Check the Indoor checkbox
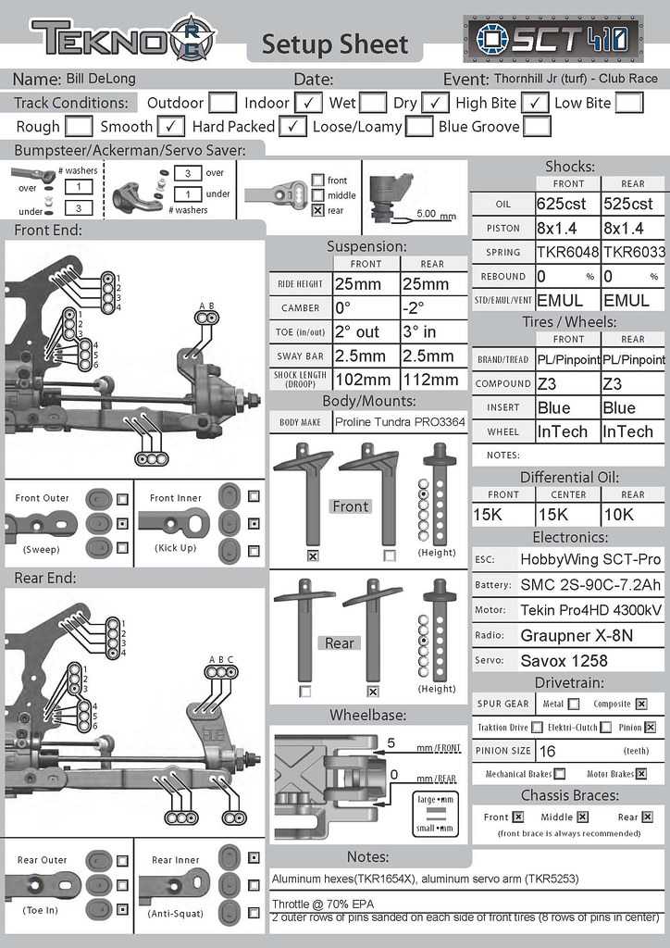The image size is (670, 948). [x=310, y=103]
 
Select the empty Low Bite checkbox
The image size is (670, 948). [x=628, y=103]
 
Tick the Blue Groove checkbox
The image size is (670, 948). [x=537, y=126]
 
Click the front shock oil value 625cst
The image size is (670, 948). [x=567, y=204]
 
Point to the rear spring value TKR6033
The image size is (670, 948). [x=634, y=252]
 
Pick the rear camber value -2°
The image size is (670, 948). [x=432, y=307]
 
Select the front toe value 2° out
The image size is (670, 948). [x=366, y=331]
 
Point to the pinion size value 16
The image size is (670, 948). [x=548, y=751]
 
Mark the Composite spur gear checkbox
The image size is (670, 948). [x=640, y=704]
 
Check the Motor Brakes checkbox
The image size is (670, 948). [x=640, y=774]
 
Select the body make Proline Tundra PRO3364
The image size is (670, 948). [x=400, y=422]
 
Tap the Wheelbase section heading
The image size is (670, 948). [x=367, y=715]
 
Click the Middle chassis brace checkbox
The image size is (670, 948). [x=582, y=817]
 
